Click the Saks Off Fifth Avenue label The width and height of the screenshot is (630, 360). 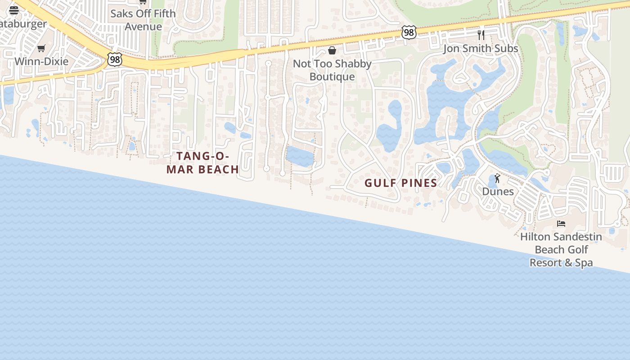143,20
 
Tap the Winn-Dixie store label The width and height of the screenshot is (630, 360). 41,61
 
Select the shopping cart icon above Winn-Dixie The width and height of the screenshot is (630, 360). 41,48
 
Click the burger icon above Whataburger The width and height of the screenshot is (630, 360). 14,10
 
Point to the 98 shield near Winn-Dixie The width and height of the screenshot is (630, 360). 115,59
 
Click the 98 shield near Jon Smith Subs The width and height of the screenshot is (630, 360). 409,32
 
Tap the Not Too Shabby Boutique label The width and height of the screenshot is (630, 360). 332,70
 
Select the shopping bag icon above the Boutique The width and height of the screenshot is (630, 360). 332,50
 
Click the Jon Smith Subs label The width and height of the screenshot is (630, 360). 481,48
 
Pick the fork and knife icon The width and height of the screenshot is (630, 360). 481,35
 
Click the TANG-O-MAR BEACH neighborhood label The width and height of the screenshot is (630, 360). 202,162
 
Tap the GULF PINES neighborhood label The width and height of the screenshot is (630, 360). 400,183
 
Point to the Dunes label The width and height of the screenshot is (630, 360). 498,191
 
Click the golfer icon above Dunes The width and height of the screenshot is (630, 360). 497,179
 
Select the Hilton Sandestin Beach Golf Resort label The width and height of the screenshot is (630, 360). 561,249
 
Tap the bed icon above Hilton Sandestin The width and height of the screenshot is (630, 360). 561,223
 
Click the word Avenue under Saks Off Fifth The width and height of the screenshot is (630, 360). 143,27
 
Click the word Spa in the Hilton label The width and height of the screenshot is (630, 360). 584,262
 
